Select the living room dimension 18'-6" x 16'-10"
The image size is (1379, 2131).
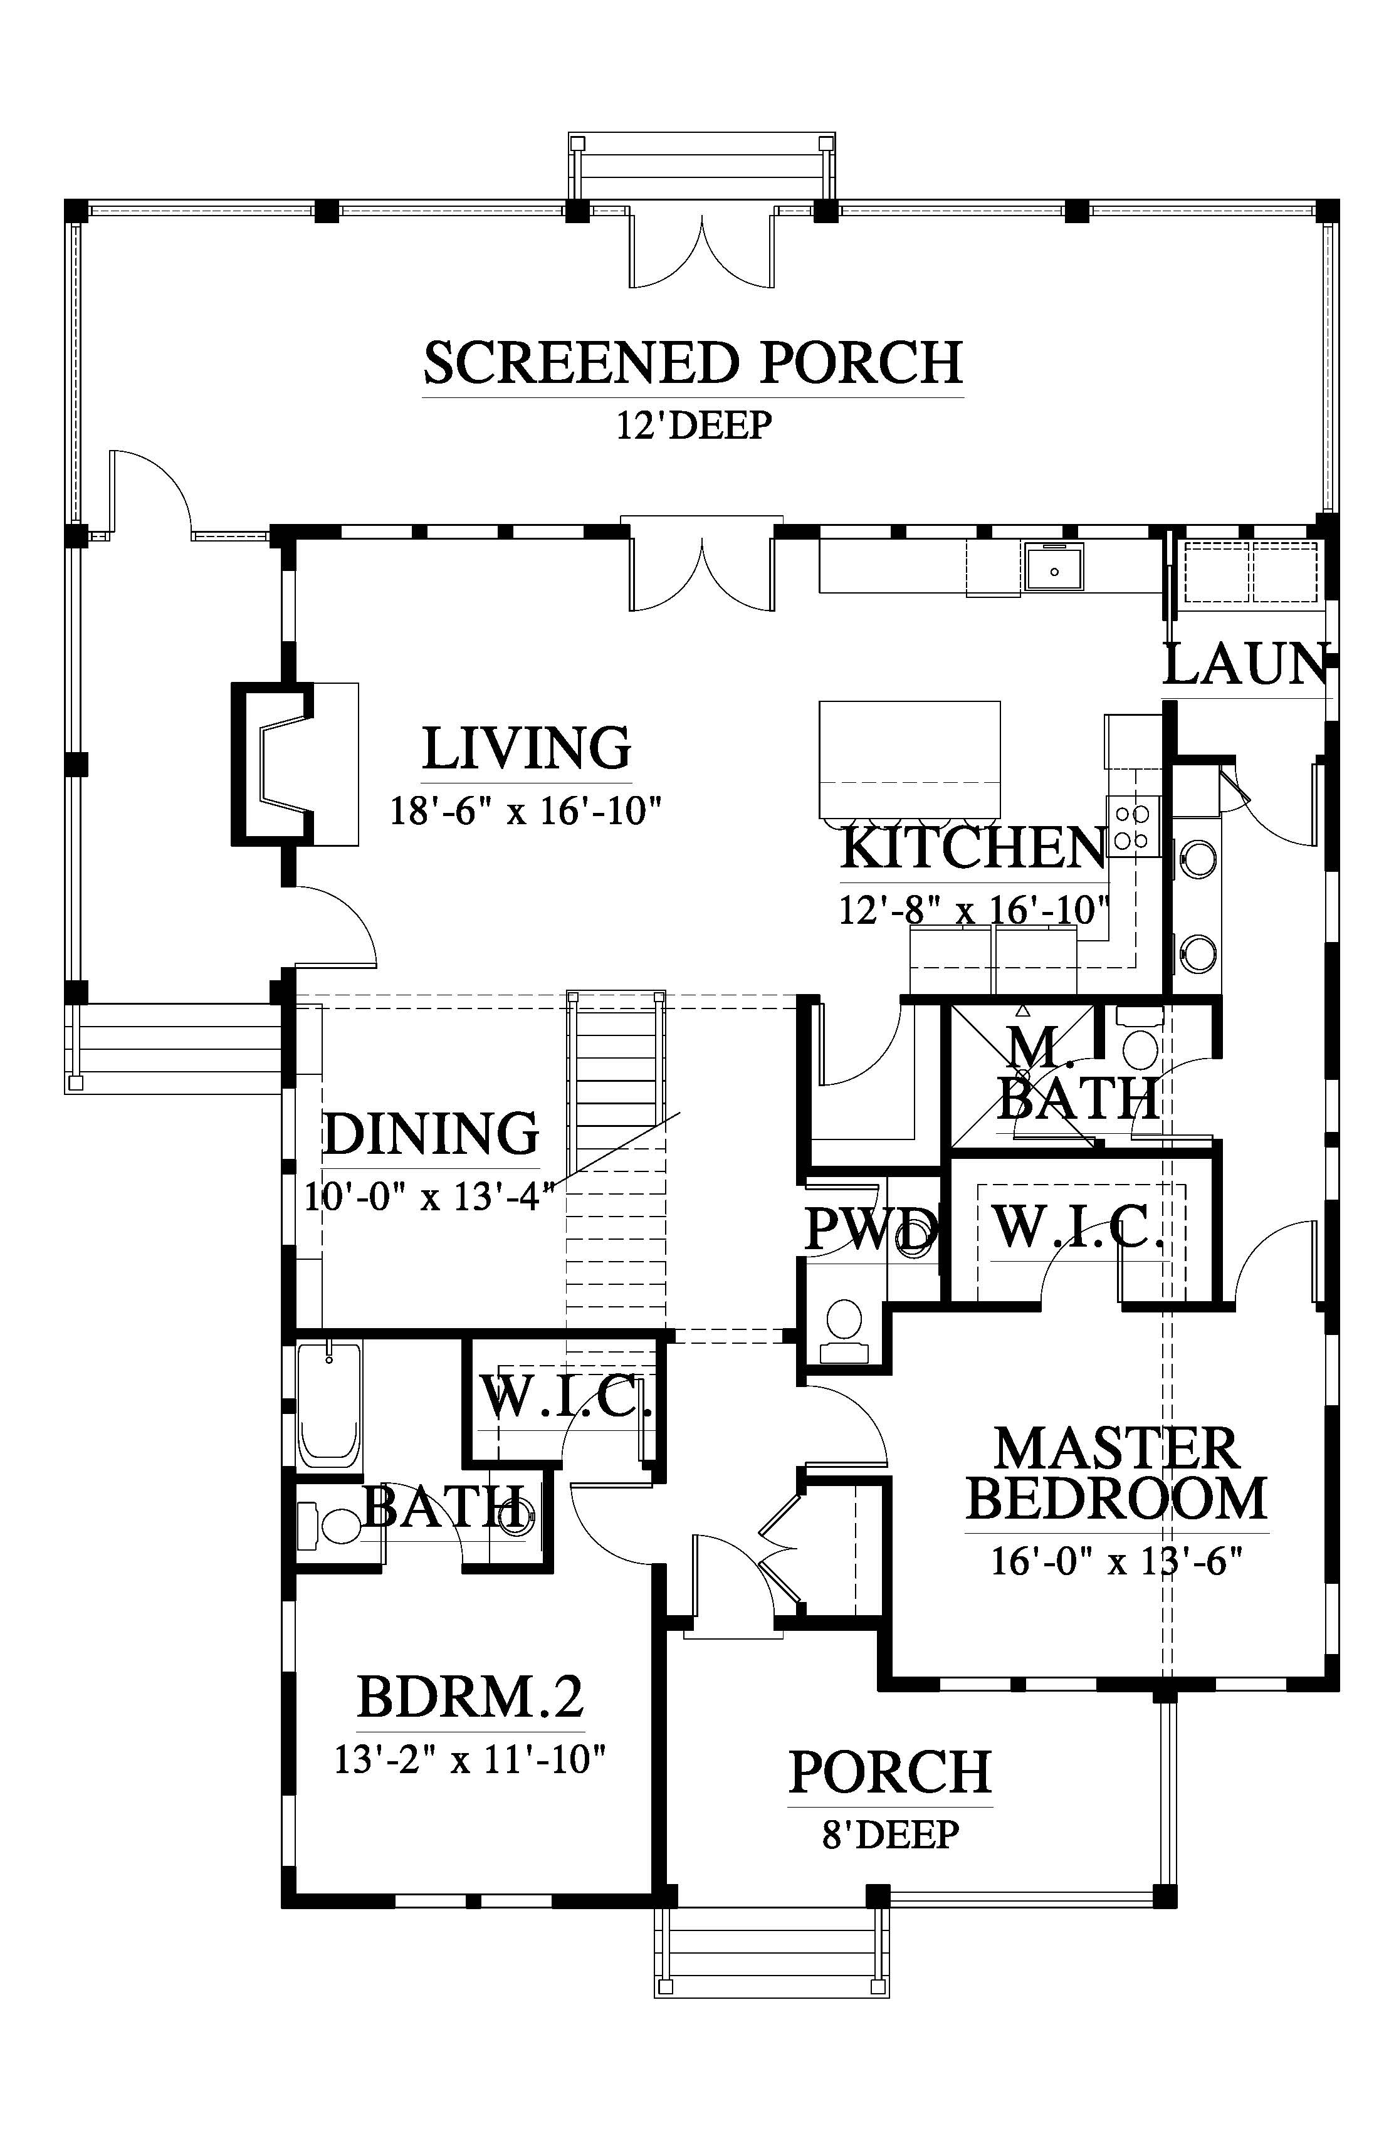pos(526,812)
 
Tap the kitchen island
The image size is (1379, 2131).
pos(909,759)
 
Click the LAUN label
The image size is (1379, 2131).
pos(1245,664)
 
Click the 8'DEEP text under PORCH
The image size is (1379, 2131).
pos(890,1835)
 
